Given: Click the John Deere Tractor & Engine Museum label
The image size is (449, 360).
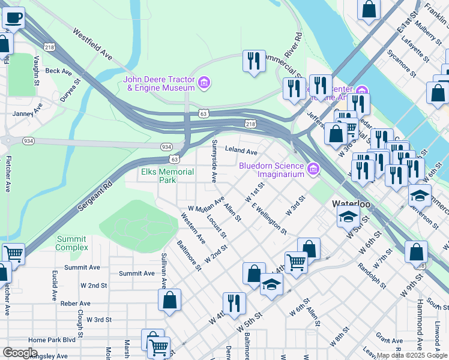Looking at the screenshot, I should tap(159, 83).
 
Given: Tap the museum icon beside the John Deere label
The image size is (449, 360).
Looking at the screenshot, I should tap(203, 82).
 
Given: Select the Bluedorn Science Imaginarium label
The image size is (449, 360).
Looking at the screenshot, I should tap(272, 170).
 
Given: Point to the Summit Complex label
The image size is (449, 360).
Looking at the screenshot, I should tap(71, 243).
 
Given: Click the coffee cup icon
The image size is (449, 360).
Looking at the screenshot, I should tap(13, 17).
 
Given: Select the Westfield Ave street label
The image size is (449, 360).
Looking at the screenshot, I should tap(93, 44).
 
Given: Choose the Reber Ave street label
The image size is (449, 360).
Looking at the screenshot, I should tap(75, 304).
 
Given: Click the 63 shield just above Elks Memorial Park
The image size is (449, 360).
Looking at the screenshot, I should tap(174, 160).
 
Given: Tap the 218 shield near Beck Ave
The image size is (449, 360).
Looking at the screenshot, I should tap(49, 47).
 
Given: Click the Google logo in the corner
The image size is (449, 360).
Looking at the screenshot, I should tap(20, 353).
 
